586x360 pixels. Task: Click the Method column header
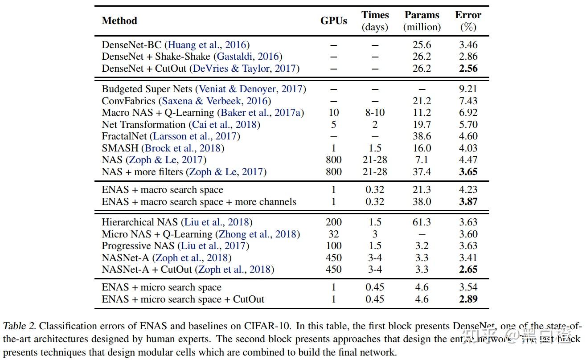[x=119, y=20]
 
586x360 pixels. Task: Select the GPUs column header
[x=333, y=20]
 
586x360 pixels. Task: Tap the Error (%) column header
[x=468, y=21]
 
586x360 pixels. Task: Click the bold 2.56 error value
[x=468, y=68]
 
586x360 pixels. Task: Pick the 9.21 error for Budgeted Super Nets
[x=468, y=89]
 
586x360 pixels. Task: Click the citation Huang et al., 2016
[x=207, y=45]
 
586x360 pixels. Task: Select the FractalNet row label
[x=125, y=136]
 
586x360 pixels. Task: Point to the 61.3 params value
[x=422, y=222]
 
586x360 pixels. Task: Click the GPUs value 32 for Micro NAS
[x=333, y=234]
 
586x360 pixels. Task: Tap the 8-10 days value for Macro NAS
[x=375, y=113]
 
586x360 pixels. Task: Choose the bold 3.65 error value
[x=468, y=172]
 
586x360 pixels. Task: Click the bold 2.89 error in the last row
[x=468, y=299]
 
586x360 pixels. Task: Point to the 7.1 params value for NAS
[x=422, y=160]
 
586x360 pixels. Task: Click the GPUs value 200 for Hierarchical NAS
[x=333, y=222]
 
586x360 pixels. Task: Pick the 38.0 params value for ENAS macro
[x=422, y=201]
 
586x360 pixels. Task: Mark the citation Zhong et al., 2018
[x=257, y=234]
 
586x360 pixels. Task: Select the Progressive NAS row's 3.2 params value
[x=422, y=245]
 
